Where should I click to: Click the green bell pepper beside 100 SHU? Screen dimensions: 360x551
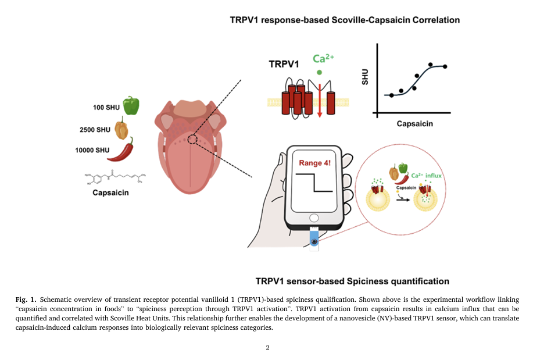pos(131,105)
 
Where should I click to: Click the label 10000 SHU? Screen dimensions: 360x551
pos(92,150)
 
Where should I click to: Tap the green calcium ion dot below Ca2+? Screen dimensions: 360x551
pos(319,73)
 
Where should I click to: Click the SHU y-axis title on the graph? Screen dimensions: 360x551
pos(365,77)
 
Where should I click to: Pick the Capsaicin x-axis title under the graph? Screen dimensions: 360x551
pos(414,124)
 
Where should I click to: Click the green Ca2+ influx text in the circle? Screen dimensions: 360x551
pos(427,174)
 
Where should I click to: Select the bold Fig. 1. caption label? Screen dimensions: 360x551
pos(26,298)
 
